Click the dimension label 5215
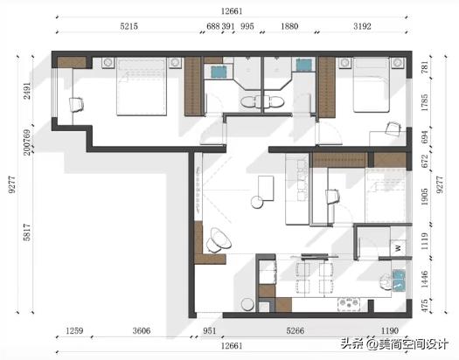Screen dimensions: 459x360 (129, 26)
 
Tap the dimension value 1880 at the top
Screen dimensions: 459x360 (289, 26)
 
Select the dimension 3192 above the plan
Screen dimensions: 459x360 (362, 26)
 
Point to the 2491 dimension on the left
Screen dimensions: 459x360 (26, 90)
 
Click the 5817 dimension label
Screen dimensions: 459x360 (26, 232)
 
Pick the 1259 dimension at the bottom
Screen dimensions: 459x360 (74, 331)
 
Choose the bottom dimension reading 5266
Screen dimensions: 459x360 (296, 331)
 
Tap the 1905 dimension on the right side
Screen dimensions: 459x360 (424, 197)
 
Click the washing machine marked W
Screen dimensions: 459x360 (398, 248)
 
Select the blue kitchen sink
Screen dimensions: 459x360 (398, 280)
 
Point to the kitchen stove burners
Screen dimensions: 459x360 (348, 304)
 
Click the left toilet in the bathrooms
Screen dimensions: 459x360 (250, 101)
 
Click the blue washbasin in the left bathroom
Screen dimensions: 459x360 (219, 72)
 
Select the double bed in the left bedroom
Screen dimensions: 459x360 (142, 87)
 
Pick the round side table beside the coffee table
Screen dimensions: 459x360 (257, 203)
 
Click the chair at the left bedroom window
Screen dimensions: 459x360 (77, 104)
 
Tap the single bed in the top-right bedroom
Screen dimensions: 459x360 (372, 85)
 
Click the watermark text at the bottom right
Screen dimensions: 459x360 (394, 344)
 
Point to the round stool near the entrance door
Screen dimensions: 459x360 (247, 304)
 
